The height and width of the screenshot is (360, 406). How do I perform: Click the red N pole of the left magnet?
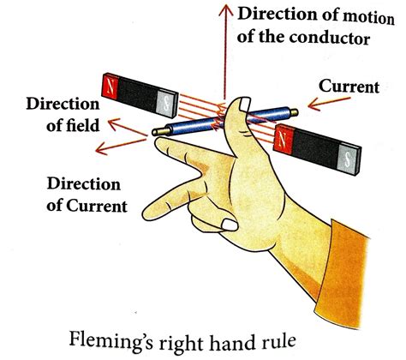tap(113, 85)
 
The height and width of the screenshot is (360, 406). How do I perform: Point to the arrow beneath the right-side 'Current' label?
tap(319, 110)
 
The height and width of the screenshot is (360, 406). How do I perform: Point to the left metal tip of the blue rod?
tap(157, 130)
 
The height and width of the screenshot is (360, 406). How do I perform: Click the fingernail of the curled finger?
tap(229, 225)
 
